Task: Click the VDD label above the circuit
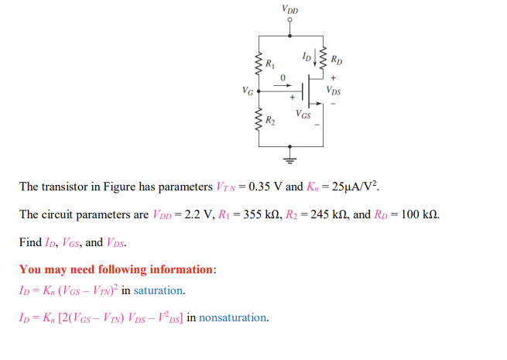pos(290,10)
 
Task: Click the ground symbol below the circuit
pos(290,159)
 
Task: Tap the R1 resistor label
pos(269,63)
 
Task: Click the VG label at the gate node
pos(248,91)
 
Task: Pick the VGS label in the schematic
pos(303,115)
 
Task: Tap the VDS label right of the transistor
pos(334,90)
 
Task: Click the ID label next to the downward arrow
pos(307,57)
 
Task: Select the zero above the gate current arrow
pos(283,76)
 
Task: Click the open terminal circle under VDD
pos(290,22)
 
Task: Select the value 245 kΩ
pos(318,214)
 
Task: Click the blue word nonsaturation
pos(234,317)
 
